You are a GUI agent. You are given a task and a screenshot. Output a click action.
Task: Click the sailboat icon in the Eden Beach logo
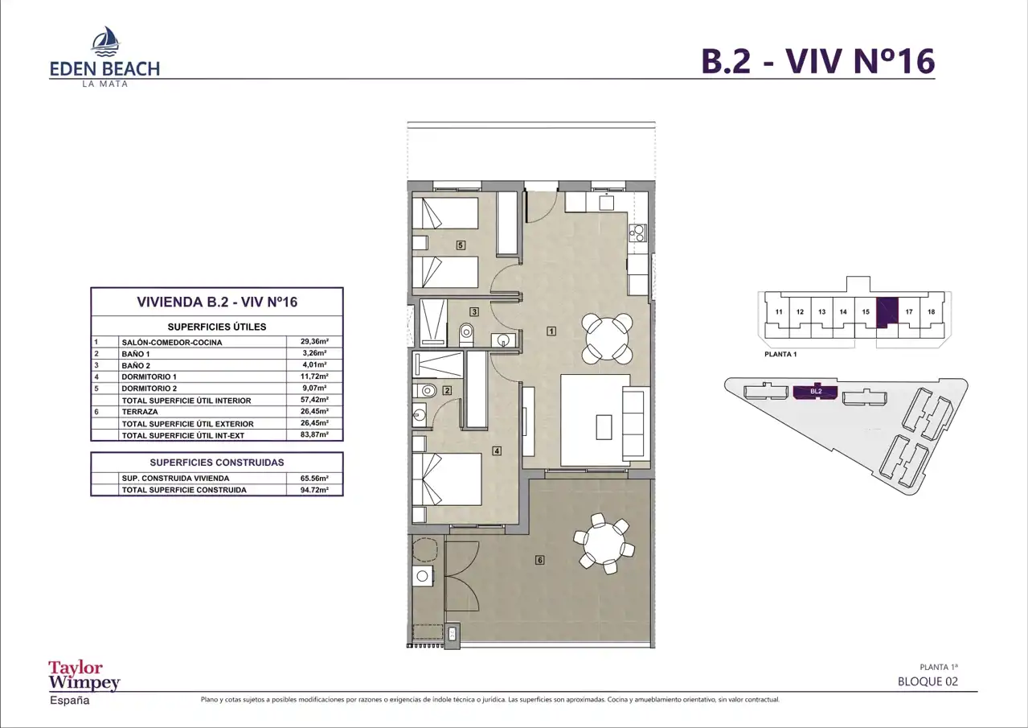pos(105,41)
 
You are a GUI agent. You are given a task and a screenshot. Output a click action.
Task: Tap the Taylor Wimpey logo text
pos(84,676)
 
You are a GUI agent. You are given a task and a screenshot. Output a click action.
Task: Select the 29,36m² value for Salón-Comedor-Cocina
pos(314,341)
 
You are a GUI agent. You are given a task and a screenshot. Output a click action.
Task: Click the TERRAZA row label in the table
pos(140,412)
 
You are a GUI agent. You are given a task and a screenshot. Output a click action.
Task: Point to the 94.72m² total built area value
pos(314,490)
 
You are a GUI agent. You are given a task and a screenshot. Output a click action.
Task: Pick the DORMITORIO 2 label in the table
pos(149,389)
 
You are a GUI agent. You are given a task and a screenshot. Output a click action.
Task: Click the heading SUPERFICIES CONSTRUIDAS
pos(217,463)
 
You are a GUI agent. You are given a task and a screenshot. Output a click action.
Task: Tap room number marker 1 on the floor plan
pos(551,331)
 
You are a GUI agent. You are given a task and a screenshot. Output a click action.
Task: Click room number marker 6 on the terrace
pos(539,560)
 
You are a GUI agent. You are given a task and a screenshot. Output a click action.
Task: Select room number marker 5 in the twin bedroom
pos(461,245)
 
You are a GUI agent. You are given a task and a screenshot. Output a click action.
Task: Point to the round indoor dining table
pos(607,339)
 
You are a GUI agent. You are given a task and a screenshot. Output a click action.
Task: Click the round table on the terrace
pos(604,544)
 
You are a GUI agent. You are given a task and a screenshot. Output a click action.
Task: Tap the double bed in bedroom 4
pos(447,479)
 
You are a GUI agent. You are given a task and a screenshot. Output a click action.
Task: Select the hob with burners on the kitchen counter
pos(637,232)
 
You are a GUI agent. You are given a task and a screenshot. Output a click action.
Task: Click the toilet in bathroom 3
pos(466,335)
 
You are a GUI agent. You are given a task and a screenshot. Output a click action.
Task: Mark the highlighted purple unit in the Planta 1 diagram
pos(887,312)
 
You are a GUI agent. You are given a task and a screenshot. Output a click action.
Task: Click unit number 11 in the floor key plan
pos(779,312)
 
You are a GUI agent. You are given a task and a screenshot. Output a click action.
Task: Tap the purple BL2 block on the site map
pos(816,392)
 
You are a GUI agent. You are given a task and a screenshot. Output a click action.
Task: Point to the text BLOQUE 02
pos(928,681)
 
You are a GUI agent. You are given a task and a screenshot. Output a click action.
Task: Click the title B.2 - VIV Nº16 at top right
pos(818,61)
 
